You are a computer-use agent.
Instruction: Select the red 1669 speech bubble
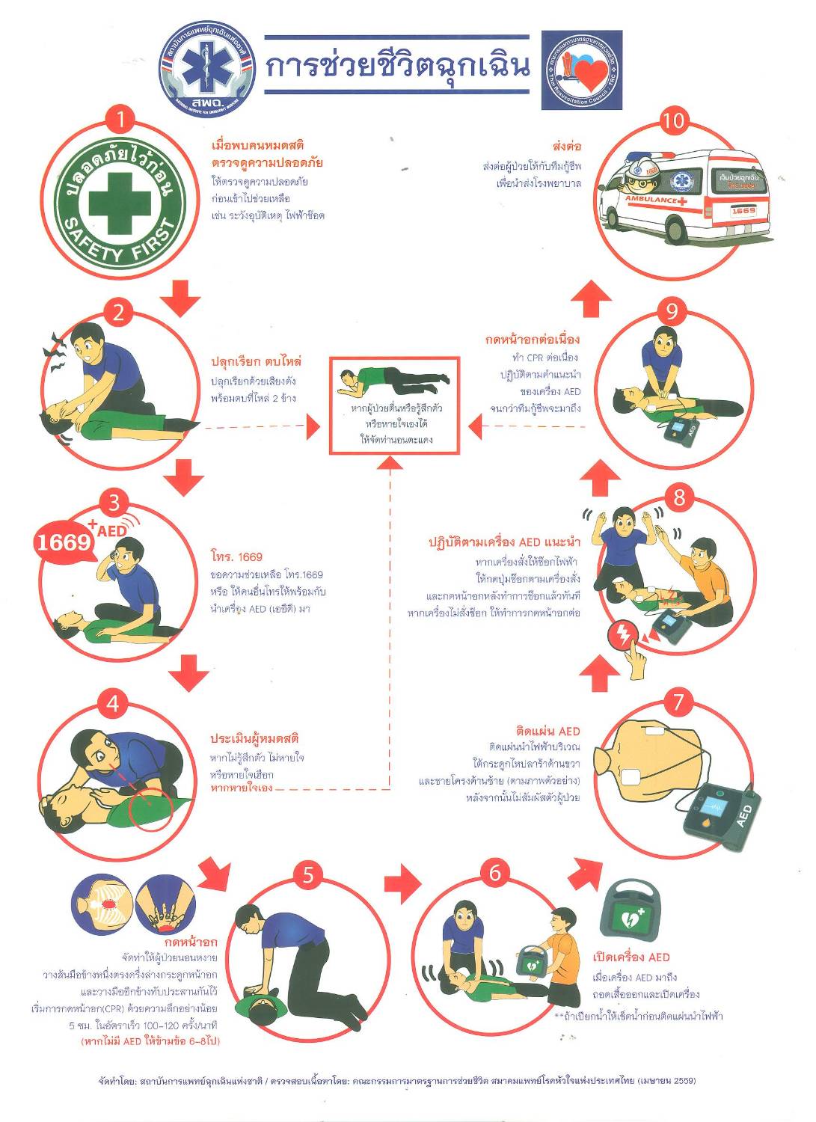pyautogui.click(x=64, y=541)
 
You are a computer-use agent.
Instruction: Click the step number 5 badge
pyautogui.click(x=307, y=873)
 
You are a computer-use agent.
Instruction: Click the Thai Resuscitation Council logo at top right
pyautogui.click(x=581, y=70)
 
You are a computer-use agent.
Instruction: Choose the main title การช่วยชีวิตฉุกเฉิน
pyautogui.click(x=397, y=67)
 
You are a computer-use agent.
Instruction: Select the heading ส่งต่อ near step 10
pyautogui.click(x=567, y=146)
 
